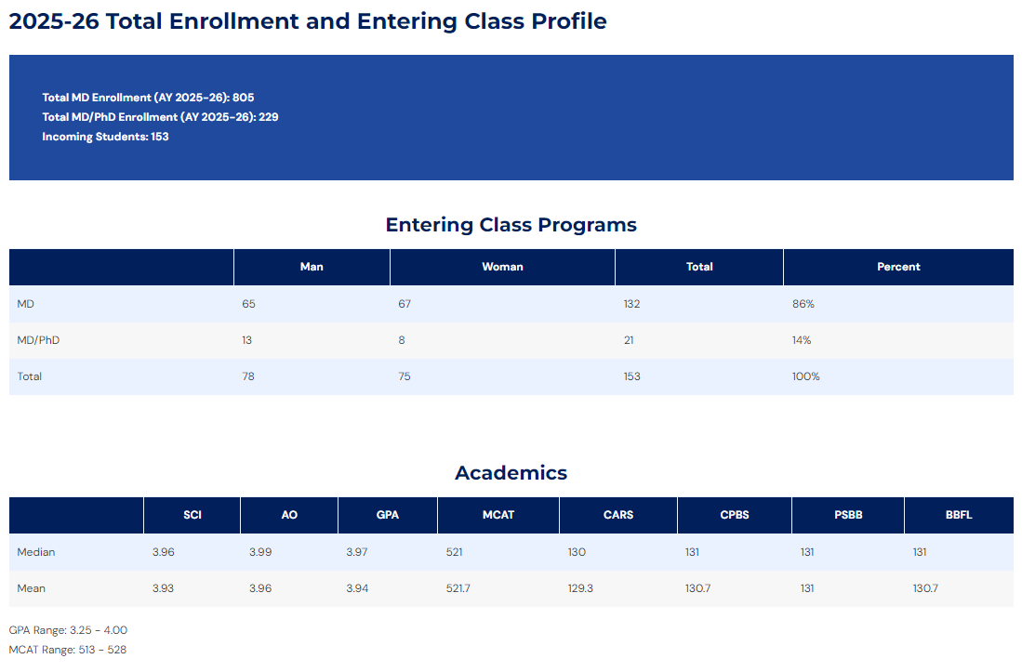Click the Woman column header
[x=502, y=267]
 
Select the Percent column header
[x=898, y=267]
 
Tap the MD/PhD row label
[x=38, y=340]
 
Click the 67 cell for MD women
[x=405, y=304]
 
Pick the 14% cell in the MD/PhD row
[x=802, y=340]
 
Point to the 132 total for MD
[x=631, y=304]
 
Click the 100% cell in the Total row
[x=805, y=376]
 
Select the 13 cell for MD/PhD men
[x=247, y=340]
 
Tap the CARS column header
[x=617, y=515]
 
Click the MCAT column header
[x=498, y=515]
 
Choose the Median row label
[x=36, y=552]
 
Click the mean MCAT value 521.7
[x=458, y=588]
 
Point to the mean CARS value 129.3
[x=580, y=588]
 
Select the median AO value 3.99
[x=260, y=552]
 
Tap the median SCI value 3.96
[x=164, y=552]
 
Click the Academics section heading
[x=511, y=473]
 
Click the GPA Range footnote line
[x=68, y=630]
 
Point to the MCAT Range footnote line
[x=68, y=650]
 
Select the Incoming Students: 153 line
[x=106, y=137]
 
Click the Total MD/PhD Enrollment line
[x=160, y=117]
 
